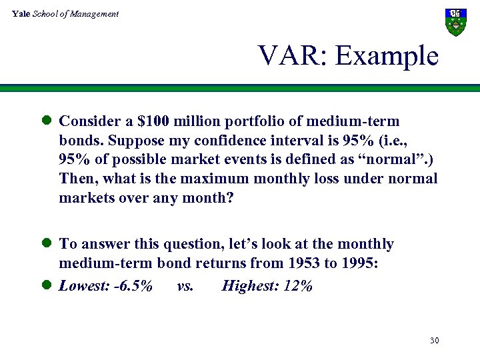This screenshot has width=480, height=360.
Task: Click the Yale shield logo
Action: pyautogui.click(x=455, y=21)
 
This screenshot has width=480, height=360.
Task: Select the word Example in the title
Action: pyautogui.click(x=387, y=56)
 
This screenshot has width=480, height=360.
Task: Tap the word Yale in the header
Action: pyautogui.click(x=21, y=13)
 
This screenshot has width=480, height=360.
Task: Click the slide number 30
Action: pyautogui.click(x=434, y=341)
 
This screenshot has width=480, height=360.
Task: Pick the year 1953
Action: pyautogui.click(x=301, y=263)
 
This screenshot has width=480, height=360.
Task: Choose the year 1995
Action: pyautogui.click(x=359, y=263)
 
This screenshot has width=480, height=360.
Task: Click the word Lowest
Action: pyautogui.click(x=81, y=286)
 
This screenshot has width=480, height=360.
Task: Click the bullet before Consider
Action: pyautogui.click(x=47, y=121)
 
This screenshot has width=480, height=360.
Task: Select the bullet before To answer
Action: pyautogui.click(x=47, y=244)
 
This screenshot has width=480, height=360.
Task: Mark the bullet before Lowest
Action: pyautogui.click(x=47, y=285)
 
